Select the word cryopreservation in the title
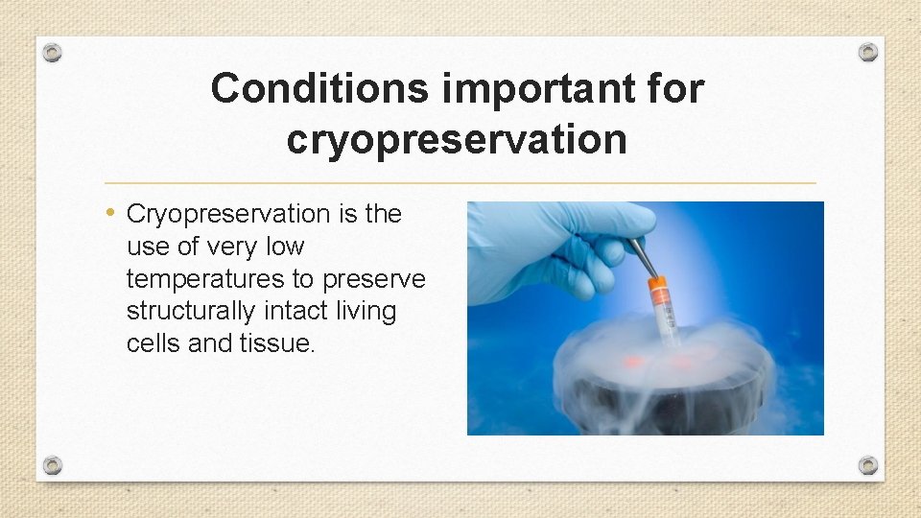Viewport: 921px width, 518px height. (457, 139)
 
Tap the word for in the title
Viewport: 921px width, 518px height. (679, 89)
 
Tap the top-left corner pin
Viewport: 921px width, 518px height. (53, 53)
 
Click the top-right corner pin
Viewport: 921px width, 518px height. (868, 52)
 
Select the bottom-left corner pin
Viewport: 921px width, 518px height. (53, 465)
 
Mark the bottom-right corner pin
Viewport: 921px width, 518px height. (868, 465)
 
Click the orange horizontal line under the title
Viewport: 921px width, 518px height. (460, 182)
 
